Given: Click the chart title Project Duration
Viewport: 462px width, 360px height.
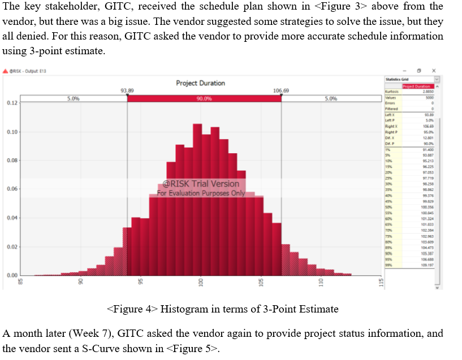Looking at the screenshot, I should (200, 83).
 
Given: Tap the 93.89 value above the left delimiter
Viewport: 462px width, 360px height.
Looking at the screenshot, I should (127, 90).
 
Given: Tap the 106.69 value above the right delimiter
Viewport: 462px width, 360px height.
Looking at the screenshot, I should (281, 90).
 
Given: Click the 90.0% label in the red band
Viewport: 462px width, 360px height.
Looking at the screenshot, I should (204, 98).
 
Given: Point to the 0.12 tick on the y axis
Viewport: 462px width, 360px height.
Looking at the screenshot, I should (12, 103).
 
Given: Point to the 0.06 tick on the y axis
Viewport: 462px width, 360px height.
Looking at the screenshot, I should (12, 189).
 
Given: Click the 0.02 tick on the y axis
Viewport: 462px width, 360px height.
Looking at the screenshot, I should (12, 247).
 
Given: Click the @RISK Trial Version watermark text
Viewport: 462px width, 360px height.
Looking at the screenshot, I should (201, 184).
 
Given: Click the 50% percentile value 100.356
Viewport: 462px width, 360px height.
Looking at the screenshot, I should (427, 207).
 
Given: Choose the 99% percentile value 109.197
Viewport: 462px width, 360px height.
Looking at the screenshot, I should (427, 264).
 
